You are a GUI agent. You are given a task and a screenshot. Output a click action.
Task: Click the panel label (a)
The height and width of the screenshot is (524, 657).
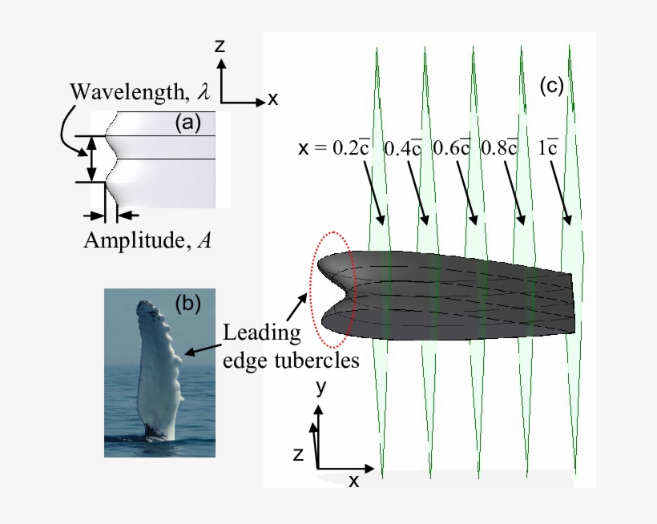pos(189,123)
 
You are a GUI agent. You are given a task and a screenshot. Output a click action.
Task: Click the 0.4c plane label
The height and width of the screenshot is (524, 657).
pos(403,148)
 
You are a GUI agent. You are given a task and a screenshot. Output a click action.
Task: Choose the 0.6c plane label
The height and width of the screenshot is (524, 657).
pos(451,148)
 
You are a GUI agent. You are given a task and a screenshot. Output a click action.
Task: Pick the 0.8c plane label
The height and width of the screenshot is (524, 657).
pos(498,148)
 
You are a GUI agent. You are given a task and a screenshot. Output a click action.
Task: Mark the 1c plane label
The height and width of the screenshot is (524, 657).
pos(548,148)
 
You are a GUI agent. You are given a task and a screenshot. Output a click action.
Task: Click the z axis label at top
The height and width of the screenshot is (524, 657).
pos(219,46)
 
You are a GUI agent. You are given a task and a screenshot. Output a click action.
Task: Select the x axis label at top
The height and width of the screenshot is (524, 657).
pos(272,99)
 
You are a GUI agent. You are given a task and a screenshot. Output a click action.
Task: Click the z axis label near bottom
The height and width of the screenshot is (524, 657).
pos(297,455)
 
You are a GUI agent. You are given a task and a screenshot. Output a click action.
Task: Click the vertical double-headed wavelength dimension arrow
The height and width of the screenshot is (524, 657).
pos(92,159)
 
